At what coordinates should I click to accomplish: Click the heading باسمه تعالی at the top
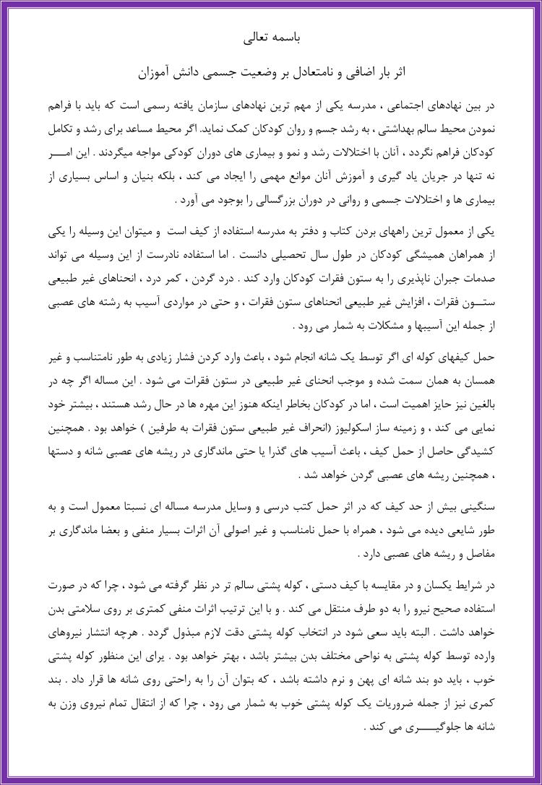click(x=271, y=38)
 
